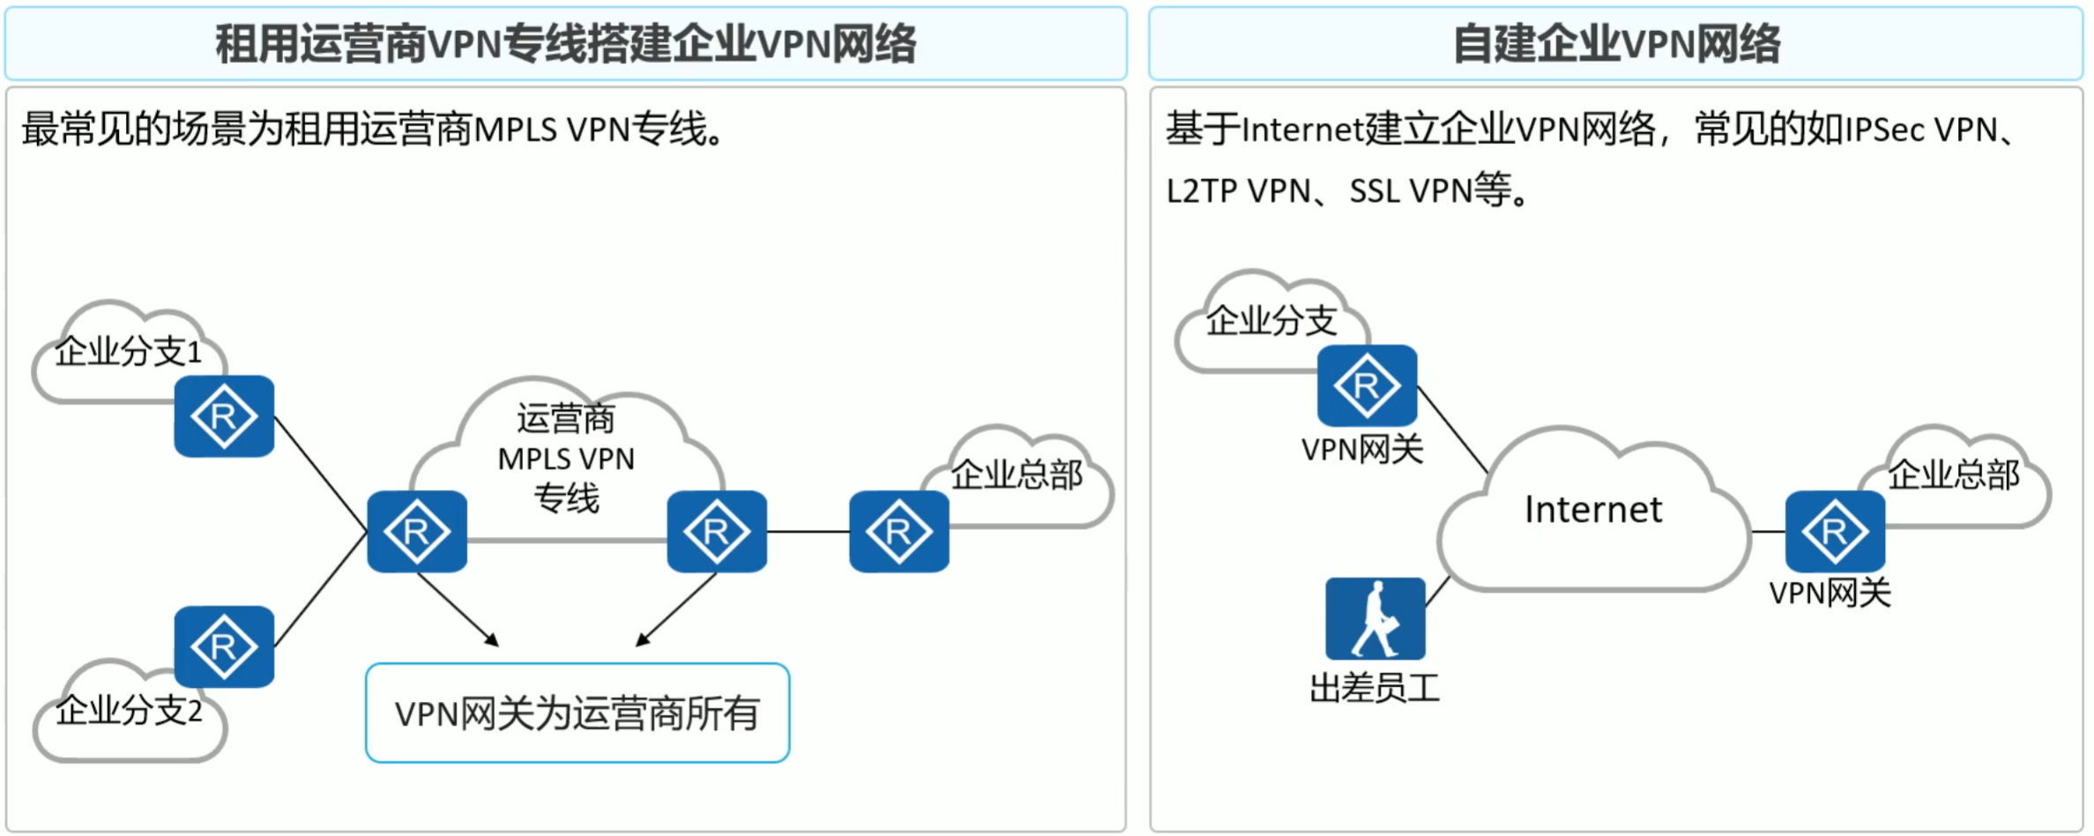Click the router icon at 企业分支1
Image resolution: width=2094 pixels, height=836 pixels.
(224, 416)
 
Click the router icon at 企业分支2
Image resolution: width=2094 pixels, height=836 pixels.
(224, 646)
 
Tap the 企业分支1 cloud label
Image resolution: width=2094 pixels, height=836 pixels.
(129, 352)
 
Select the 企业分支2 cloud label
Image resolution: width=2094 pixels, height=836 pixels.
(129, 711)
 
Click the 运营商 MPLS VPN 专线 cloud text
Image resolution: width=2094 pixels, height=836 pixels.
(565, 459)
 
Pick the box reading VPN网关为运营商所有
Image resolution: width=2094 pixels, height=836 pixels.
(578, 713)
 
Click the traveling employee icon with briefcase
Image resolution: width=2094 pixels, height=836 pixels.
(1375, 618)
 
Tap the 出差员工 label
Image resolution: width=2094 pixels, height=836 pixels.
(1375, 688)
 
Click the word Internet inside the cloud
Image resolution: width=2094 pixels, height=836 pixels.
(1593, 510)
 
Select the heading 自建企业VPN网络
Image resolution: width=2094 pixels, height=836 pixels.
(1616, 44)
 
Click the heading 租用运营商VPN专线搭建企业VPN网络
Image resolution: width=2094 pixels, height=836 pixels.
(566, 44)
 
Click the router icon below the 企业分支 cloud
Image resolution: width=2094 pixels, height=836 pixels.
(1367, 385)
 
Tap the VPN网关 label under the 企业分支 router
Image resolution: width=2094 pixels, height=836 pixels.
(1362, 450)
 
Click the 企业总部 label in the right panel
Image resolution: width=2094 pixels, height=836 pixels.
(1954, 475)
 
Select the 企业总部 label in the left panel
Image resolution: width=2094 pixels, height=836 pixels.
(1017, 475)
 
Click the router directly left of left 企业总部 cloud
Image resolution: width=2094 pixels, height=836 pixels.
(898, 532)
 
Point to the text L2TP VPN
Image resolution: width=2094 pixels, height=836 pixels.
(1238, 191)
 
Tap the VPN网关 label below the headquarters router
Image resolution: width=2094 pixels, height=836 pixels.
(1830, 593)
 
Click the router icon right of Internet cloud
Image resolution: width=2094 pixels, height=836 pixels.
(1835, 532)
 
